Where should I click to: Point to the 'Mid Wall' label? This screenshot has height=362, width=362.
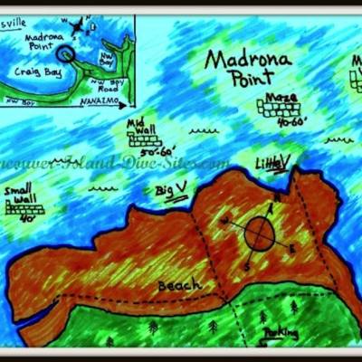(x=143, y=125)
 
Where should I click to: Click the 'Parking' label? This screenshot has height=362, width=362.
(x=281, y=334)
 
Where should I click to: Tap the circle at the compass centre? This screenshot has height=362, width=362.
(x=258, y=233)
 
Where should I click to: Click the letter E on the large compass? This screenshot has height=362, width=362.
(x=292, y=247)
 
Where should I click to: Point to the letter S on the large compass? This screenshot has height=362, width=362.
(x=245, y=268)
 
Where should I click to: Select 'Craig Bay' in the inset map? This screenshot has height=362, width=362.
(x=39, y=70)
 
